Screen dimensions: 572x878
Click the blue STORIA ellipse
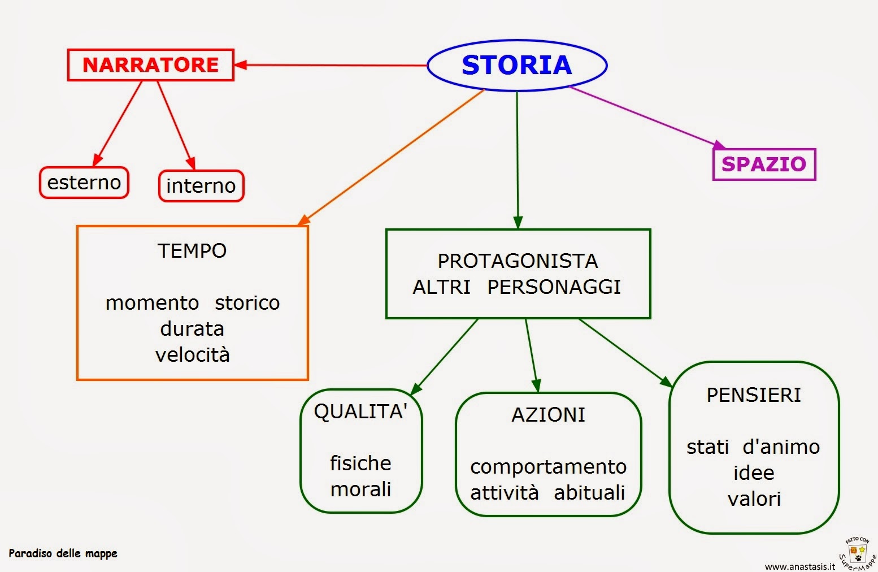pos(517,65)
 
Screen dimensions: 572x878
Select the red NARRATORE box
pos(150,65)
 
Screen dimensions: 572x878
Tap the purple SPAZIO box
pos(764,164)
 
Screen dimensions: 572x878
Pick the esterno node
pos(84,183)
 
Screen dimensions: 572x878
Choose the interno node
pos(201,186)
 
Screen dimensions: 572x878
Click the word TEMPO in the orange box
pos(192,251)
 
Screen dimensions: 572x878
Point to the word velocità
pos(192,355)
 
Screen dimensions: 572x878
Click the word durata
pos(192,329)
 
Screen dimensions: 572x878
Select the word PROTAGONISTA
pos(518,261)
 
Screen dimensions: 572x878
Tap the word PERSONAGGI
pos(554,287)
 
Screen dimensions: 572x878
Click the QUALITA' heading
pos(360,411)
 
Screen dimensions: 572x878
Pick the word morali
pos(360,489)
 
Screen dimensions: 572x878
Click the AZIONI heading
pos(548,415)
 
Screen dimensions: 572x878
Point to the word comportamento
pos(548,467)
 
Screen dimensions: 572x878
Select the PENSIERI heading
pos(754,395)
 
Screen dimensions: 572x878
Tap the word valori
pos(754,499)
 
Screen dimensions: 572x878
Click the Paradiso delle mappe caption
pos(63,553)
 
